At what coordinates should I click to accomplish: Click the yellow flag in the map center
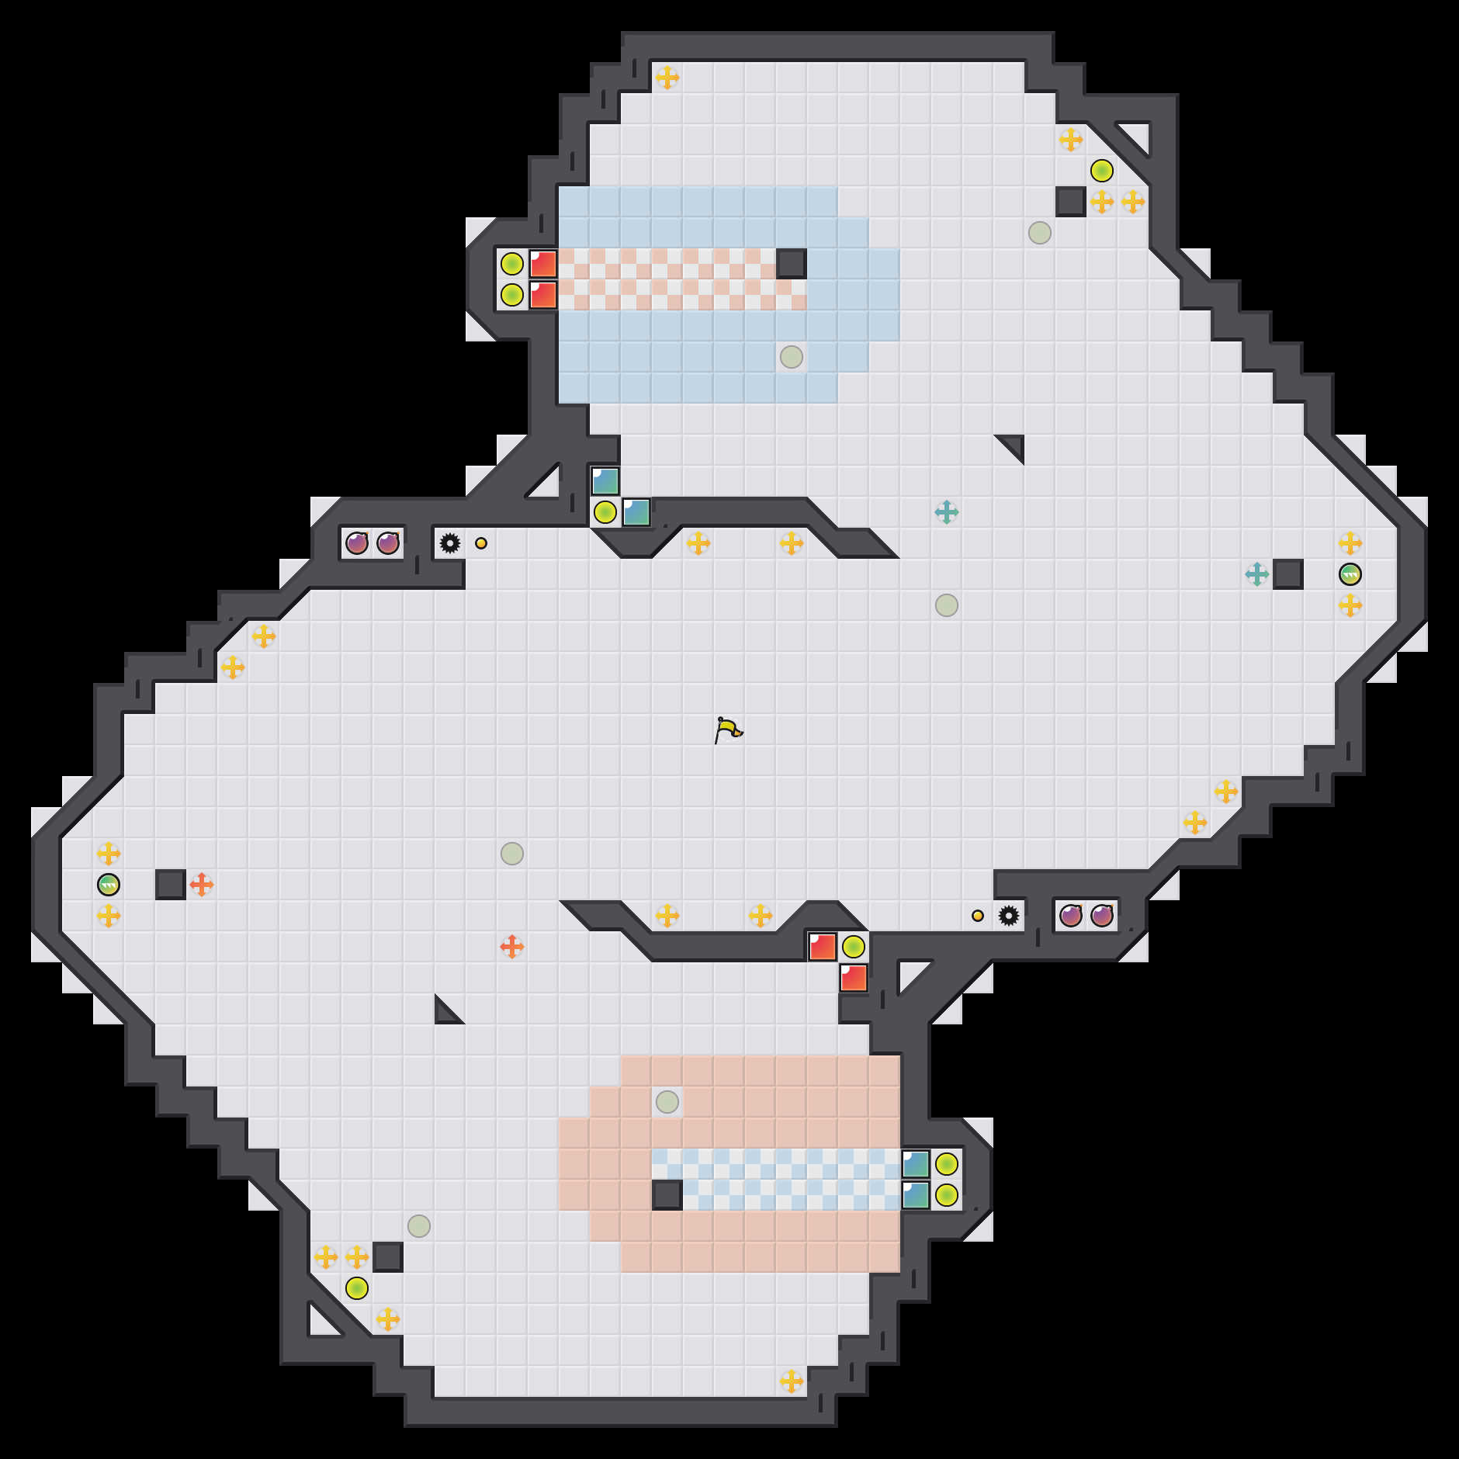pos(727,729)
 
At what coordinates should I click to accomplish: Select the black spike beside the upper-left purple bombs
pos(450,543)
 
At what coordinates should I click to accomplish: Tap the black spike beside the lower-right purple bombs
pos(1009,916)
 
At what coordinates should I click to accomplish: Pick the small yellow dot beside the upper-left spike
pos(481,543)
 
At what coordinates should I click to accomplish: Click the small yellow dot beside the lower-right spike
pos(978,916)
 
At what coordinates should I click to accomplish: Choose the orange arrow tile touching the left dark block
pos(202,885)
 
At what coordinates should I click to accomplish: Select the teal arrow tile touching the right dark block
pos(1257,574)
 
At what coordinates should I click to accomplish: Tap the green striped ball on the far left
pos(109,885)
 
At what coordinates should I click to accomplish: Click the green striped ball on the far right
pos(1350,574)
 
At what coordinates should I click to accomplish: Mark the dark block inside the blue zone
pos(792,264)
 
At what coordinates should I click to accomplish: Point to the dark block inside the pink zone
pos(667,1195)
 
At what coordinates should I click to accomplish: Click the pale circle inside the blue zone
pos(792,357)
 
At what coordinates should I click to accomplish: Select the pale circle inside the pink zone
pos(667,1102)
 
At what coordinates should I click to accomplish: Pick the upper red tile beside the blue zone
pos(543,264)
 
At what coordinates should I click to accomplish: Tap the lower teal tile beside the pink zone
pos(916,1195)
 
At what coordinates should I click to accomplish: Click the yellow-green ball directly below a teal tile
pos(605,512)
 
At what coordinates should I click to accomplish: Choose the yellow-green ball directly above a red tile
pos(854,947)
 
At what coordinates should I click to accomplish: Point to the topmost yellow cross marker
pos(667,78)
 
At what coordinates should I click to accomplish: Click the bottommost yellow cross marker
pos(792,1381)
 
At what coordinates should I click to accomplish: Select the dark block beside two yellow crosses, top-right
pos(1071,202)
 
